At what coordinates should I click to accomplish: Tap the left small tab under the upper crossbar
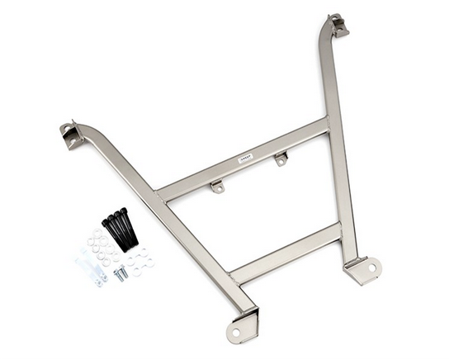click(x=218, y=187)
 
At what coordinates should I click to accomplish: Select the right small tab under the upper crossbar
click(x=281, y=158)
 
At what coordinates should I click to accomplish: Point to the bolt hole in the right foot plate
click(x=371, y=268)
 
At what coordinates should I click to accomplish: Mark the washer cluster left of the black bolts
click(x=99, y=244)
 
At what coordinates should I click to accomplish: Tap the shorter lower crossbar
click(x=286, y=251)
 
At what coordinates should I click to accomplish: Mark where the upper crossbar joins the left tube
click(x=161, y=193)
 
